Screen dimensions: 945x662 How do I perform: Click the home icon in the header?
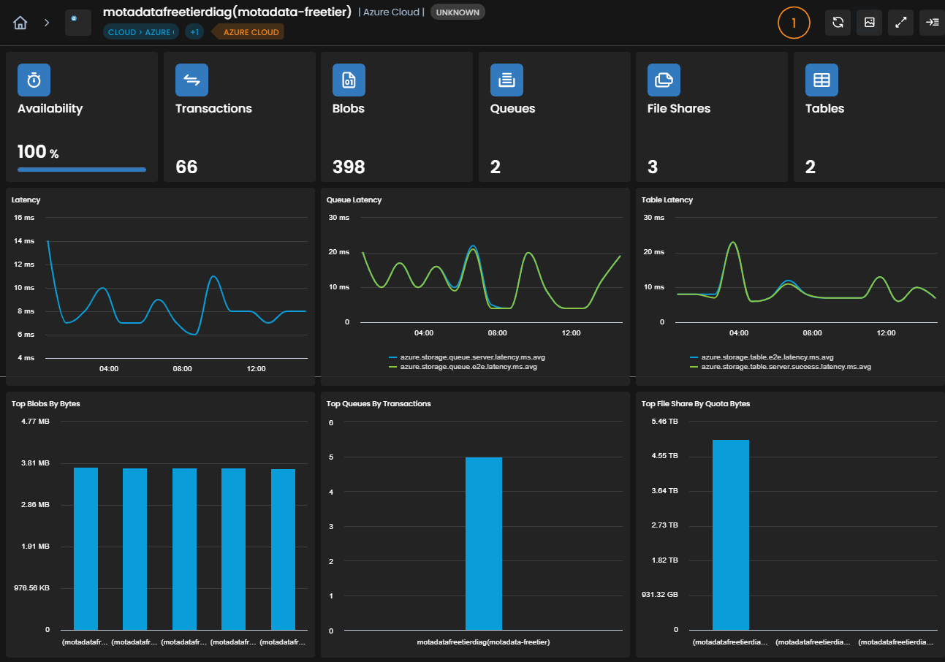[x=20, y=23]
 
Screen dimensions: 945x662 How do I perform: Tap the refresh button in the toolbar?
[x=838, y=23]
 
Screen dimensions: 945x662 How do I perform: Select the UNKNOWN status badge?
[x=458, y=12]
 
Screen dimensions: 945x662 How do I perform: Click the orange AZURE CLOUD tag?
[x=251, y=32]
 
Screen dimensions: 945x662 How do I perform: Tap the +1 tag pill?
[x=194, y=32]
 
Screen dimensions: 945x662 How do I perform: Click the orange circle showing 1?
[x=794, y=23]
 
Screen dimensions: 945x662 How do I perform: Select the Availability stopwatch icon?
[x=34, y=80]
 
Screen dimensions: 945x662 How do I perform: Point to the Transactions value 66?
[x=186, y=167]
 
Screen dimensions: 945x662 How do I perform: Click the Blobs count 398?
[x=349, y=167]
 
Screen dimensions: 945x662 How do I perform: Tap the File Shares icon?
[x=664, y=80]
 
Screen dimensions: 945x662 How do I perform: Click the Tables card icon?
[x=821, y=80]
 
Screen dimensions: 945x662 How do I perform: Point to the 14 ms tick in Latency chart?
[x=24, y=241]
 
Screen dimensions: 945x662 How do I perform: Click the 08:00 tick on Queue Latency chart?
[x=498, y=332]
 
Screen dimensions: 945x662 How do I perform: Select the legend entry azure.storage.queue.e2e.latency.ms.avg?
[x=468, y=367]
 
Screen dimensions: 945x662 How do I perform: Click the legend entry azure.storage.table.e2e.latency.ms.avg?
[x=767, y=357]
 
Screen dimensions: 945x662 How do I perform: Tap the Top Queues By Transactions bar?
[x=484, y=544]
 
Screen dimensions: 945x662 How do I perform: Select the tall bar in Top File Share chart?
[x=731, y=535]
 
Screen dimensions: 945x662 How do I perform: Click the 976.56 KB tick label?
[x=31, y=587]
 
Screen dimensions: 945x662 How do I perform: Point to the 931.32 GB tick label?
[x=660, y=595]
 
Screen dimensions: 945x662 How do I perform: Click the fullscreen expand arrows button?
[x=900, y=23]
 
